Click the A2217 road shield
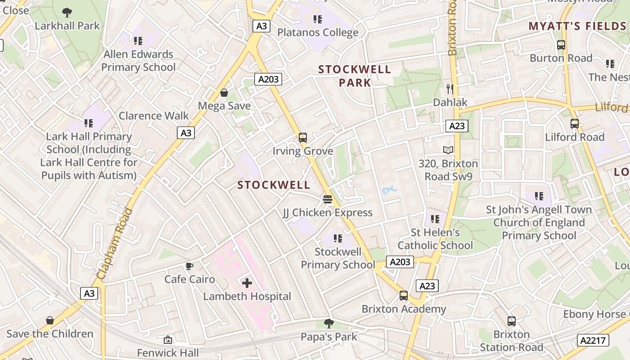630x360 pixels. coord(593,340)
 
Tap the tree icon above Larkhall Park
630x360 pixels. coord(67,12)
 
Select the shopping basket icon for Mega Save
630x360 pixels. coord(224,93)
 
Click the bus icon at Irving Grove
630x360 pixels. coord(303,138)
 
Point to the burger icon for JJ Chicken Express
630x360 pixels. coord(328,199)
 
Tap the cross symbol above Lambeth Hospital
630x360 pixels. coord(247,283)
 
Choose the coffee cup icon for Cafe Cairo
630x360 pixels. coord(189,266)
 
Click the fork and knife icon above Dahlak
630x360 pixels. coord(450,89)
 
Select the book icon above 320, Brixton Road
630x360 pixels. coord(448,150)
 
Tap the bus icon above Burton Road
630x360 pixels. coord(561,45)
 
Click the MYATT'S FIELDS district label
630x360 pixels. coord(578,26)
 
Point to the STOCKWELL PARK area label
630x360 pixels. coord(355,76)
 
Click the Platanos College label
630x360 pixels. coord(318,32)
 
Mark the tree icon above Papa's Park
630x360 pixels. coord(329,323)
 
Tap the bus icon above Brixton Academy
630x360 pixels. coord(404,296)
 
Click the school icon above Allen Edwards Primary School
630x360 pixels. coord(138,41)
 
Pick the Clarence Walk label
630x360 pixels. coord(154,116)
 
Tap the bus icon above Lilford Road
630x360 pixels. coord(575,124)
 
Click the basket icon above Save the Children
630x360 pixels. coord(50,320)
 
